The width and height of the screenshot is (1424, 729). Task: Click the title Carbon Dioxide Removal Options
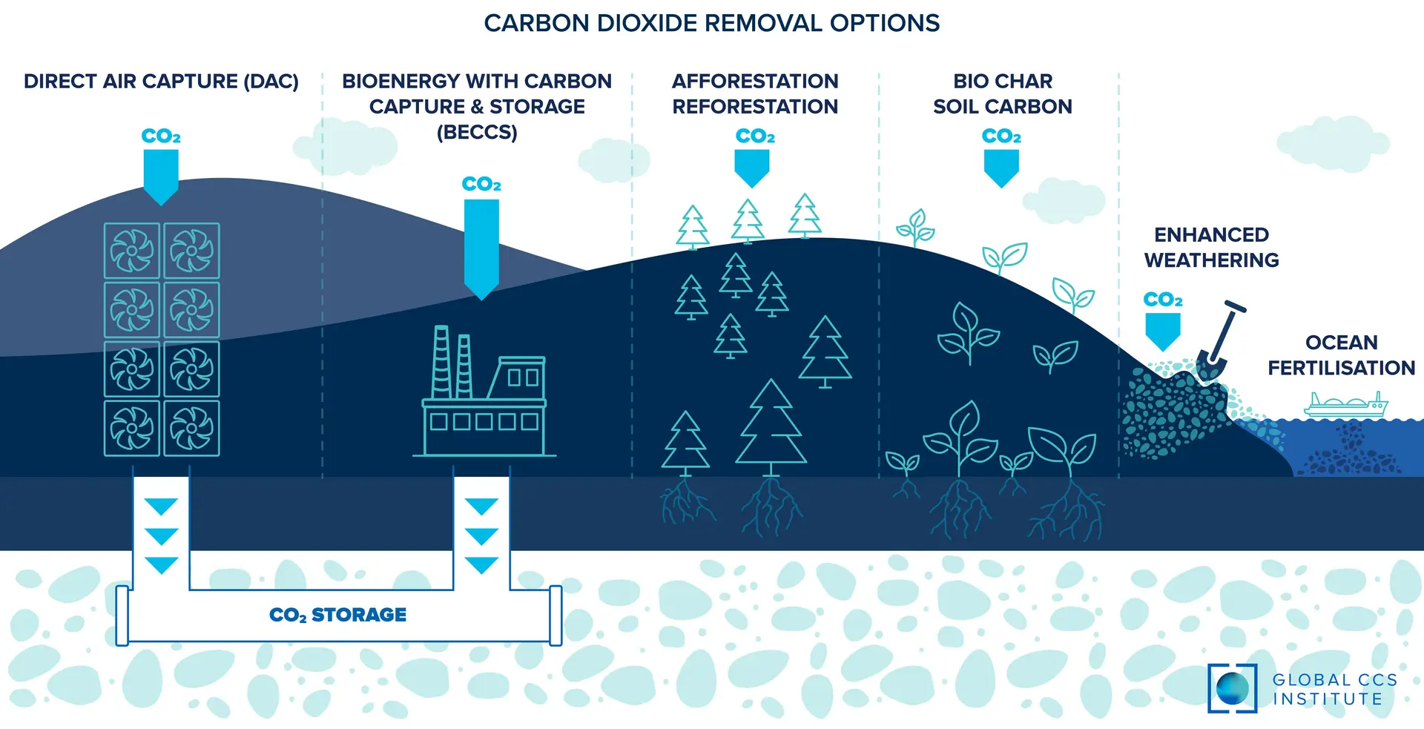(712, 23)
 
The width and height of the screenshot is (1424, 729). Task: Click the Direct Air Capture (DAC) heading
(161, 81)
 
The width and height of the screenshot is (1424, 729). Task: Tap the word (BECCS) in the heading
(477, 132)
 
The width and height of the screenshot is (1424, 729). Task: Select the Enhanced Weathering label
(1212, 247)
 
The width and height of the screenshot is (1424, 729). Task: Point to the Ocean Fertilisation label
(1342, 354)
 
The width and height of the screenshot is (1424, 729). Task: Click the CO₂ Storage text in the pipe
(337, 615)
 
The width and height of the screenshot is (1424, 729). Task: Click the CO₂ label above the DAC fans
(161, 136)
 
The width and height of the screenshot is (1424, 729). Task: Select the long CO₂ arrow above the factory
(481, 249)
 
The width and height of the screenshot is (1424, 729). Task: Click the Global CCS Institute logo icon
(1233, 688)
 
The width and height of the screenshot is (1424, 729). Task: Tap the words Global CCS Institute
(1335, 689)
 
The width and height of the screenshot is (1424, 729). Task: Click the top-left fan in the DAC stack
(132, 251)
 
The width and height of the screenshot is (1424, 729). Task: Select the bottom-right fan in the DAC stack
(191, 428)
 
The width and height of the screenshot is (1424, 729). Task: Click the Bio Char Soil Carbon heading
(1003, 93)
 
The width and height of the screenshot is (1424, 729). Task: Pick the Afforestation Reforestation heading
(755, 93)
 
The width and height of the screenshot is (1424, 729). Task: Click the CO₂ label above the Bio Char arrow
(1001, 136)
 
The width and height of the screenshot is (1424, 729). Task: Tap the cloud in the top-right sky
(1334, 144)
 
